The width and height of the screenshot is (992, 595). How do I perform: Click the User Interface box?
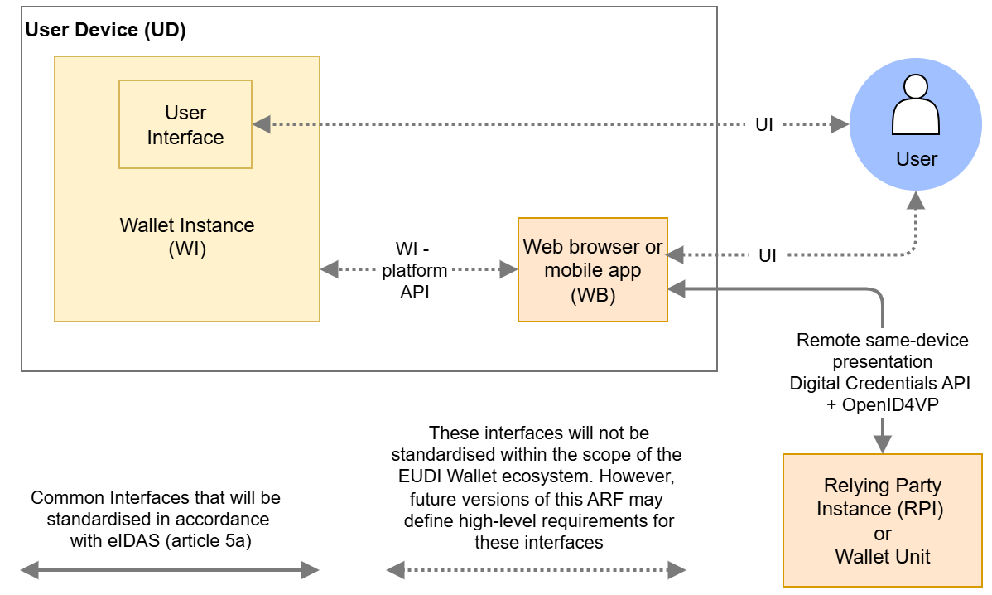pos(185,124)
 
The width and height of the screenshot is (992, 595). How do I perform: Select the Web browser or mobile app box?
pos(592,269)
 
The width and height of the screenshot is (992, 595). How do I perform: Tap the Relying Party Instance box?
pos(882,520)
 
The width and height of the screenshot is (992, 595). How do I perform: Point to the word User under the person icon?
pos(916,159)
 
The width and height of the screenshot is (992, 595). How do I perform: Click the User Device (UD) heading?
pos(106,31)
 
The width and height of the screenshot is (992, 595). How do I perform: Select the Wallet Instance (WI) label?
pos(187,237)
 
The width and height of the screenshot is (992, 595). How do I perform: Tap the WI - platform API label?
pos(414,270)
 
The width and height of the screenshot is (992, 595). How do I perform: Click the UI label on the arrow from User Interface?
pos(764,125)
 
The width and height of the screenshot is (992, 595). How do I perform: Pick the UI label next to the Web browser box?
pos(768,255)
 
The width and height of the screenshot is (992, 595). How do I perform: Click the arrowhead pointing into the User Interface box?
pos(262,124)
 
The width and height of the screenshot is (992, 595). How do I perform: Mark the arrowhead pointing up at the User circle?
pos(916,201)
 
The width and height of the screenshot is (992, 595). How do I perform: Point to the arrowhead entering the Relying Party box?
pos(883,444)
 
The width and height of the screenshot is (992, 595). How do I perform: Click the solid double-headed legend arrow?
pos(170,569)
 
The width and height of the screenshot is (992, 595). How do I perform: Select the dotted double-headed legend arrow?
pos(536,569)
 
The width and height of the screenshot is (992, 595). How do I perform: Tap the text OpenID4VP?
pos(893,405)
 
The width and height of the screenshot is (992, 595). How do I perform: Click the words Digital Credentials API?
pos(883,384)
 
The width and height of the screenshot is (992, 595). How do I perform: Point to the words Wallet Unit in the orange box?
pos(882,557)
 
